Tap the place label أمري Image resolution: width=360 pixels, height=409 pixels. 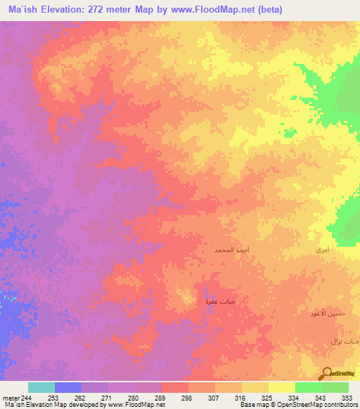[x=323, y=250]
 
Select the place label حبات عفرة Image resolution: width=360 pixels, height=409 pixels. [x=219, y=301]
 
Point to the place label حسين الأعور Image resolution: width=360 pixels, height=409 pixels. [x=328, y=313]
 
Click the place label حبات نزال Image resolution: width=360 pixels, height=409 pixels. [x=345, y=340]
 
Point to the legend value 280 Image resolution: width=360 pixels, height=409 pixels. [x=134, y=396]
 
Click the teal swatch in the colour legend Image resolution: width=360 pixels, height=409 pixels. [x=41, y=387]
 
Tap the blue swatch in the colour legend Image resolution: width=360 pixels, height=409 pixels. [x=68, y=387]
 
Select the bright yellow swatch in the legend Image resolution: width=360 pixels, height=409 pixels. [x=282, y=387]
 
